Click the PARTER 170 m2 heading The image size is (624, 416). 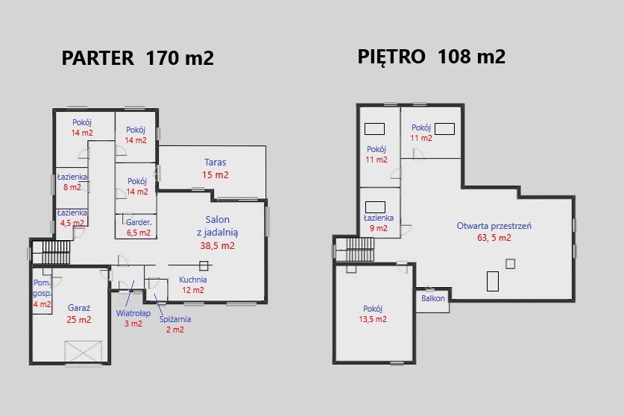pos(138,57)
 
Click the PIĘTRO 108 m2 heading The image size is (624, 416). pos(432,56)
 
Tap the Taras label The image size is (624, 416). pos(215,162)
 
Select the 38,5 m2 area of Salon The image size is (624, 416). pos(217,245)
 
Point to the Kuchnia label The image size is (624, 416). pos(193,280)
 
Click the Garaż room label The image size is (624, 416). pos(79,308)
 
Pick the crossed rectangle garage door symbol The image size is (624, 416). pos(83,351)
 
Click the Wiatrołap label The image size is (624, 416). pos(133,313)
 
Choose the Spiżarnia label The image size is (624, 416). pos(175,319)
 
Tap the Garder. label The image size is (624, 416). pos(139,222)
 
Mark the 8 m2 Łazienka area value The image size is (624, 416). pos(72,187)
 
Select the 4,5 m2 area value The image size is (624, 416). pos(72,223)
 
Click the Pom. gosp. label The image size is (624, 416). pos(42,288)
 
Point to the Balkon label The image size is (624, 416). pos(433,298)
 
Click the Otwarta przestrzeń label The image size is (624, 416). pos(494,226)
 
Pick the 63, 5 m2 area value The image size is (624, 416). pos(494,238)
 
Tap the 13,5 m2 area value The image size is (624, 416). pos(373,319)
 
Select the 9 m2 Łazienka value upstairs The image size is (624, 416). pos(379,228)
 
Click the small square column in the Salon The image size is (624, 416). pos(204,265)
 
